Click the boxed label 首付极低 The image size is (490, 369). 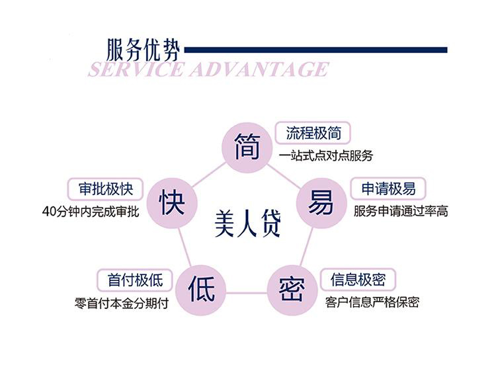click(x=134, y=280)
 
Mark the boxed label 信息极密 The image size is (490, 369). click(x=358, y=280)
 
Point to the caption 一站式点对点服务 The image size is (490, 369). click(x=326, y=157)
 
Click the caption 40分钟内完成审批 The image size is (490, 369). click(x=90, y=212)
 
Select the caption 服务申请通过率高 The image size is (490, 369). click(x=401, y=212)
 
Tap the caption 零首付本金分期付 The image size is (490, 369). click(x=122, y=304)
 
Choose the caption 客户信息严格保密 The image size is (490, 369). click(x=372, y=303)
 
